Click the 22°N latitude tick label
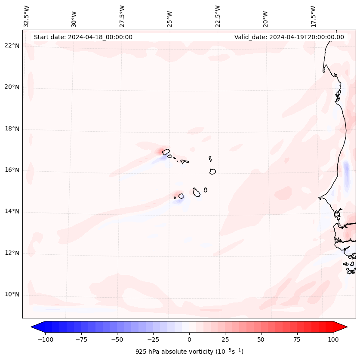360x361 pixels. click(x=12, y=46)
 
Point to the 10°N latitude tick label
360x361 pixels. click(x=12, y=295)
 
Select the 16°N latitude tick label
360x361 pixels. click(x=12, y=170)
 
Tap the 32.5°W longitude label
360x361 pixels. click(x=27, y=16)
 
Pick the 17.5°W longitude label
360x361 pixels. click(x=313, y=16)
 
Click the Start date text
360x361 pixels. click(x=83, y=37)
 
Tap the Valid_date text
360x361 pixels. click(x=289, y=37)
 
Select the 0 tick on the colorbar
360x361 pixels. click(x=189, y=340)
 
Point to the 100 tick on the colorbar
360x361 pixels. click(x=333, y=340)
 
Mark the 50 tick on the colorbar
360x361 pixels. click(x=261, y=340)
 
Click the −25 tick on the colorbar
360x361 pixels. click(x=153, y=340)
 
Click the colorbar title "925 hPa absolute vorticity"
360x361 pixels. click(x=189, y=352)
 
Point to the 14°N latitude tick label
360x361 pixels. click(x=12, y=212)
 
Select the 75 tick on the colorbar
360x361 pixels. click(x=297, y=340)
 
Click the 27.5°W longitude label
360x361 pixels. click(x=122, y=16)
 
